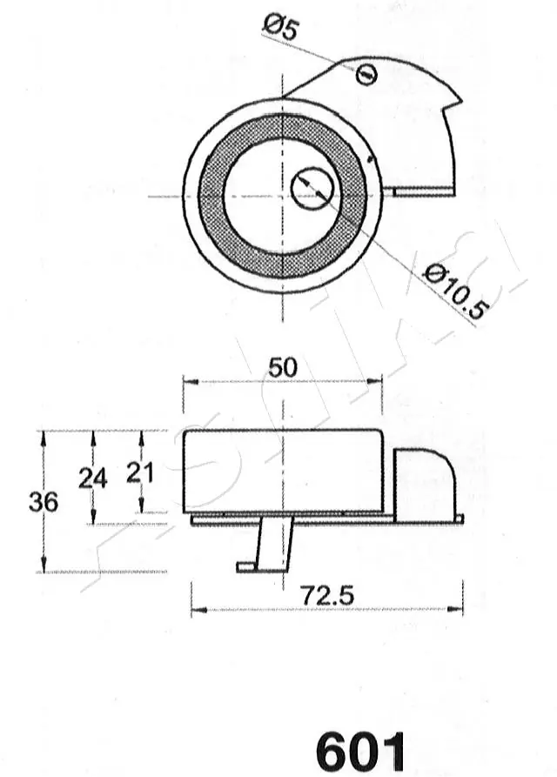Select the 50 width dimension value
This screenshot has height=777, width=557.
point(282,367)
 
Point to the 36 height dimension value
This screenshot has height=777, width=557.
point(44,502)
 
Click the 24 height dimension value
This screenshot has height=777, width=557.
point(92,478)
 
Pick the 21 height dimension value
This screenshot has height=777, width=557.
point(140,472)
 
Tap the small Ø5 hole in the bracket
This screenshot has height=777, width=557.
point(366,75)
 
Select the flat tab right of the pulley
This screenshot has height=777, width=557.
point(423,191)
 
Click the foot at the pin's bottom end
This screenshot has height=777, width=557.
point(248,567)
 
